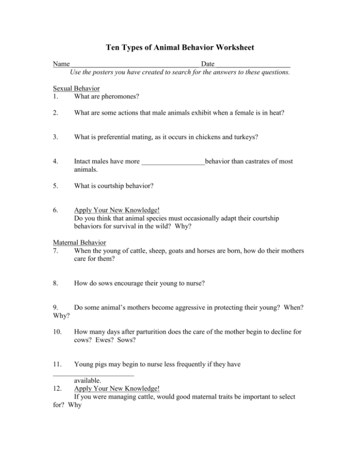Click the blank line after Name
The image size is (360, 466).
135,65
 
